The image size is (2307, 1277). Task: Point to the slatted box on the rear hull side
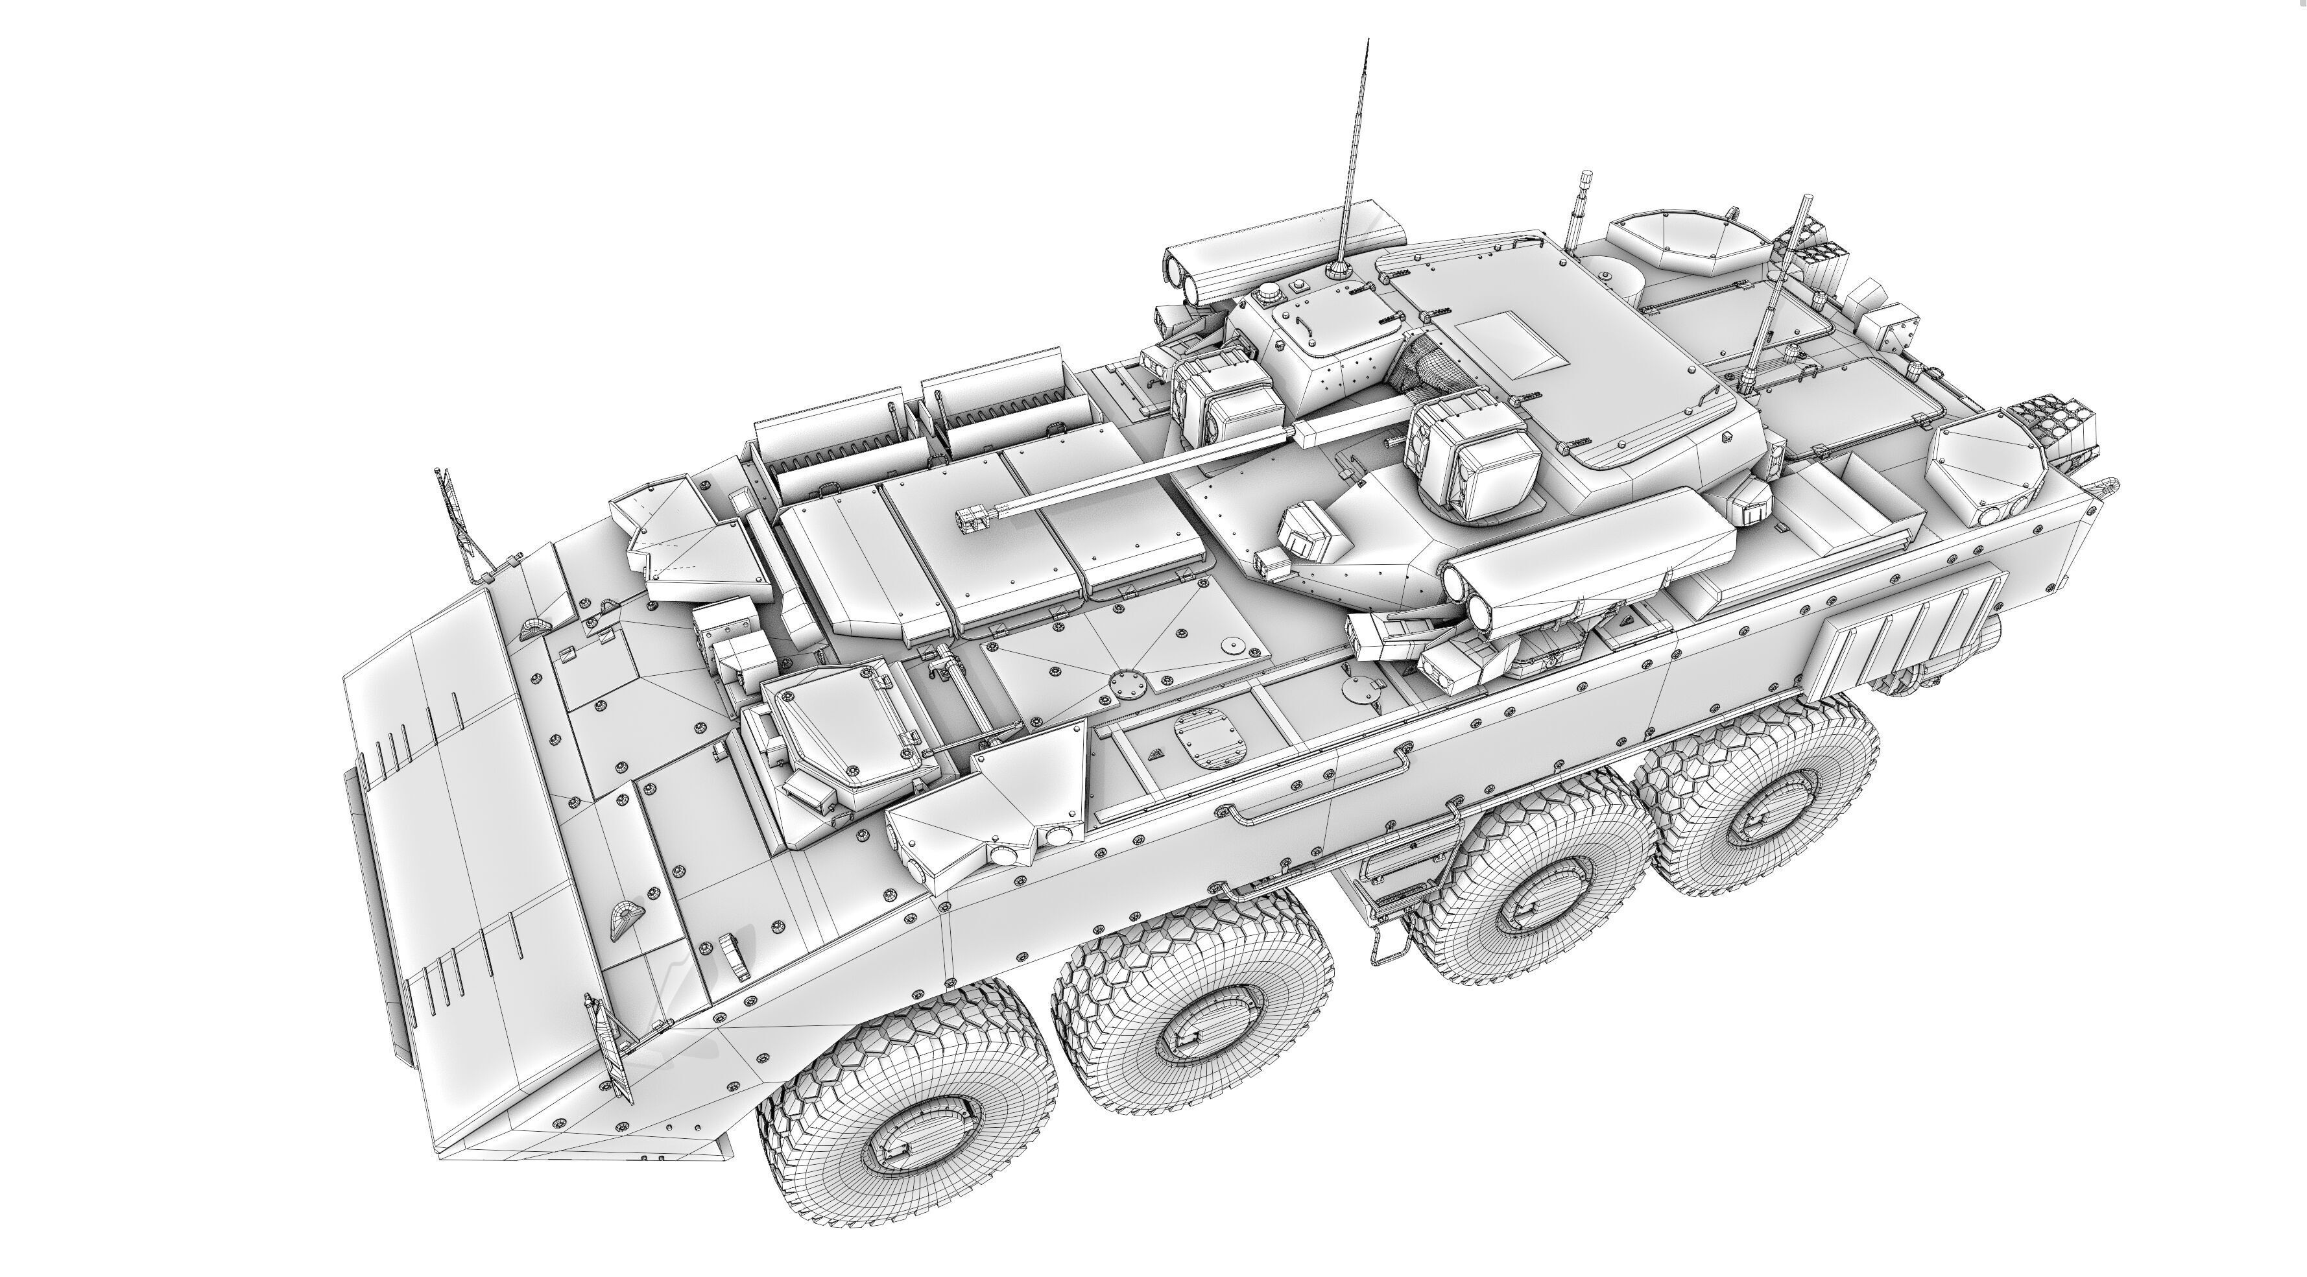click(x=1903, y=631)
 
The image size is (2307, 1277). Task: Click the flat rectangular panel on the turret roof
click(x=1514, y=345)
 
